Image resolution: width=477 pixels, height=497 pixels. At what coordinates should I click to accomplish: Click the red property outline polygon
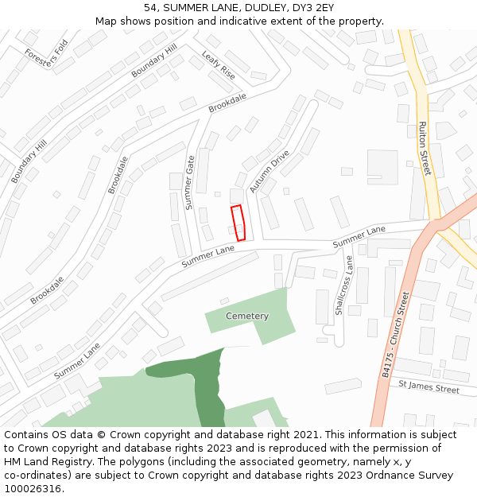tap(238, 223)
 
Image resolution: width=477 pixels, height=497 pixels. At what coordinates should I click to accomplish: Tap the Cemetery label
tap(247, 316)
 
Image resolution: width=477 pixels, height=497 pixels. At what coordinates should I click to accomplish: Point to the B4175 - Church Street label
tap(394, 334)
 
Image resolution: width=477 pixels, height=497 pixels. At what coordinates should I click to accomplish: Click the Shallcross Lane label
tap(343, 285)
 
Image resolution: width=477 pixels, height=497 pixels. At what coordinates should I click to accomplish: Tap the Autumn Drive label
tap(270, 171)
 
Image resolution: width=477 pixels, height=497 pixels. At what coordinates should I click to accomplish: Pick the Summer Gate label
tap(189, 182)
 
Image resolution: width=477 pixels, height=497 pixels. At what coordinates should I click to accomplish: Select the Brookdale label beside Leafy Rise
tap(227, 103)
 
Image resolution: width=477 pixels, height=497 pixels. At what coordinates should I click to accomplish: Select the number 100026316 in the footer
tap(33, 488)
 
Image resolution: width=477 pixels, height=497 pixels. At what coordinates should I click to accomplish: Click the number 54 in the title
tap(150, 8)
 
